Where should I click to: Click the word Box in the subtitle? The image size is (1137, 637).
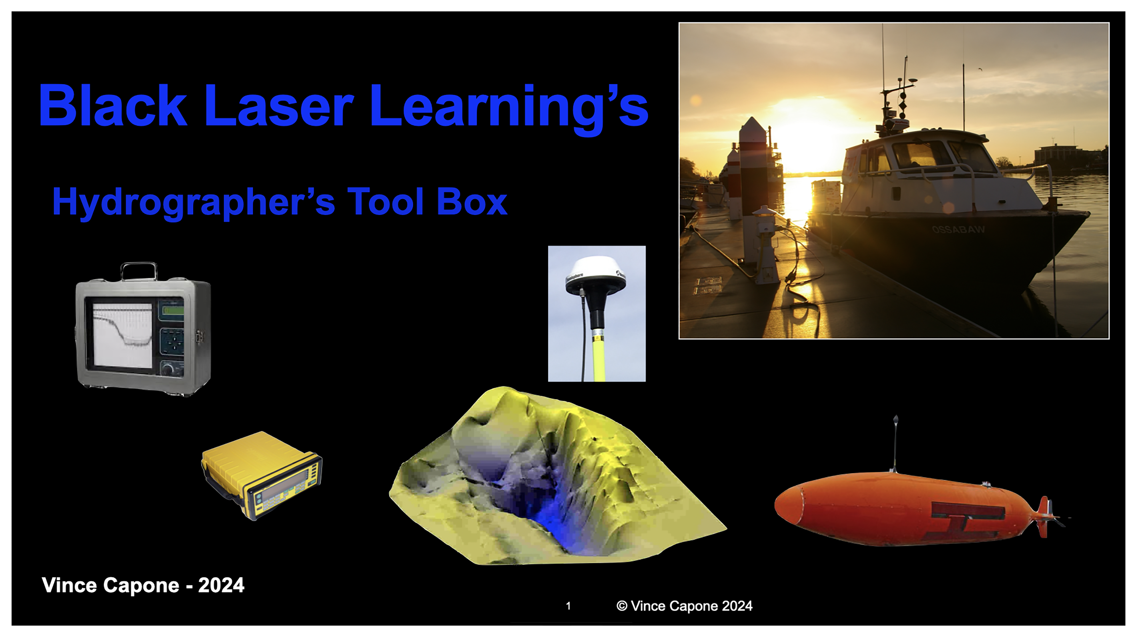pyautogui.click(x=472, y=202)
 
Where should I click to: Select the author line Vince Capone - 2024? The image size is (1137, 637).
pyautogui.click(x=142, y=585)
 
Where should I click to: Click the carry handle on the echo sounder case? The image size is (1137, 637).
pyautogui.click(x=139, y=270)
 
